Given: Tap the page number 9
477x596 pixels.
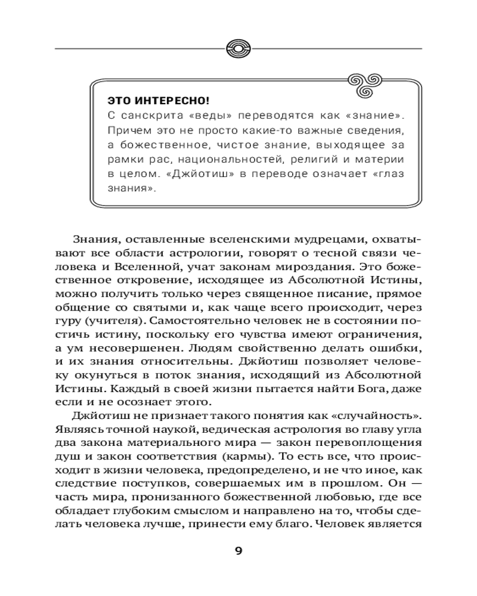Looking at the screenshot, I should point(238,551).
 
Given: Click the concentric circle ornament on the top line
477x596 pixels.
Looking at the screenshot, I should point(238,47).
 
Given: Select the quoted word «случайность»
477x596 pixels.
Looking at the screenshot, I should point(373,416).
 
